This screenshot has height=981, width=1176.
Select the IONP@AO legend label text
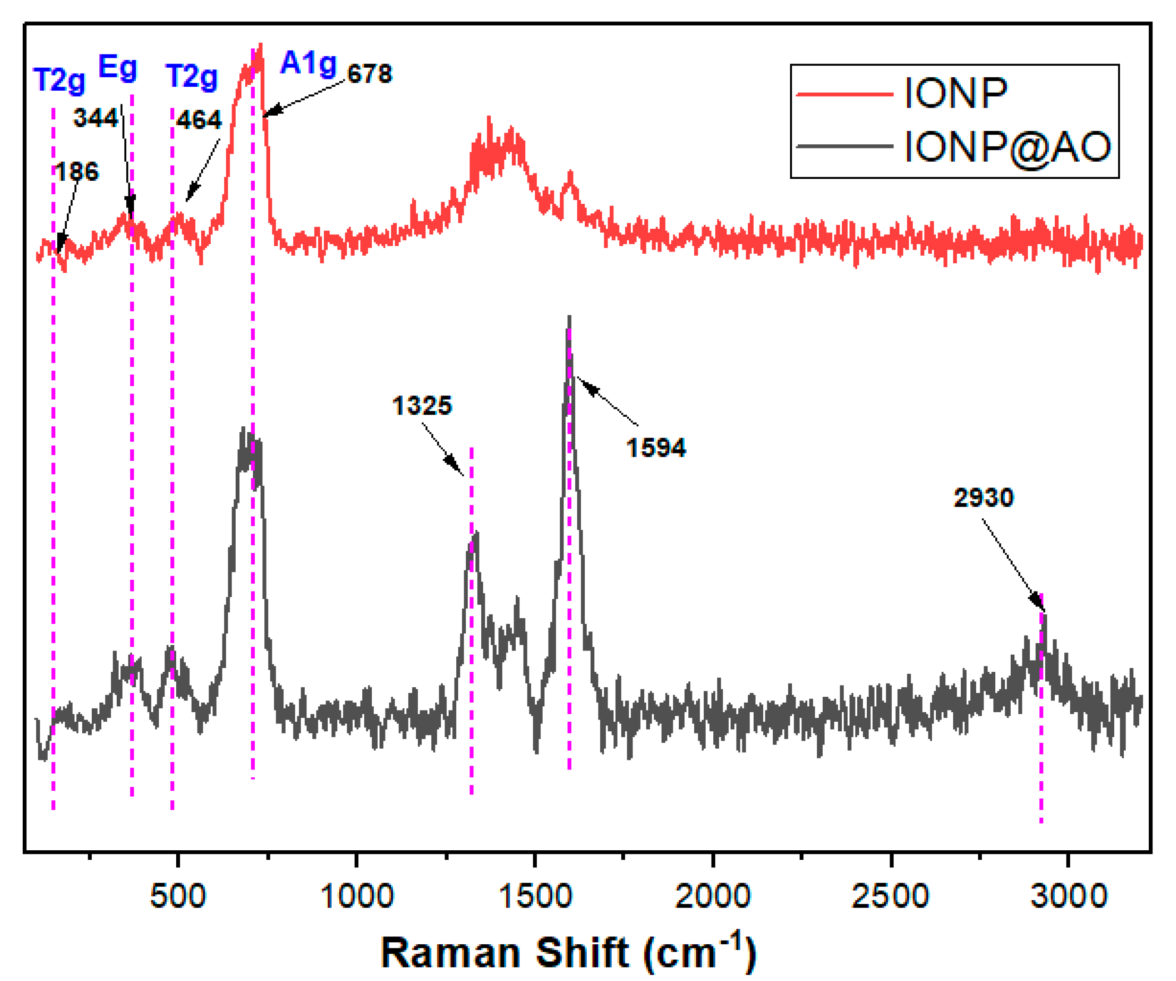1008,147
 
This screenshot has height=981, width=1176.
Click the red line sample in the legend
844,94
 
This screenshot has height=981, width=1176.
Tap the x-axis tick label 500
178,896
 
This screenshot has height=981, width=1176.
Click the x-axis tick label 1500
535,896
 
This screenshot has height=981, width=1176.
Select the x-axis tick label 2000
713,896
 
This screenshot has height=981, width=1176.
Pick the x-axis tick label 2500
890,896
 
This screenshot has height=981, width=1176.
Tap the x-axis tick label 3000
1068,896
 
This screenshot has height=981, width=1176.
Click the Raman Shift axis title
568,953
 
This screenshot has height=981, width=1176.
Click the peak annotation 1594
656,448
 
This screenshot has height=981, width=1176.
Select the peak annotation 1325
422,405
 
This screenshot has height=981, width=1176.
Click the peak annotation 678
370,74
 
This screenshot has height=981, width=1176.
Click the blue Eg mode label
117,68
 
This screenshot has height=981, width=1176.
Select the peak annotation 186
77,171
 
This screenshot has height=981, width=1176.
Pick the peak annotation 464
199,120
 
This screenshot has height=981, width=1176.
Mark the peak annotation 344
96,118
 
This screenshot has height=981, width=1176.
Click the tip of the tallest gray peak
569,317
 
